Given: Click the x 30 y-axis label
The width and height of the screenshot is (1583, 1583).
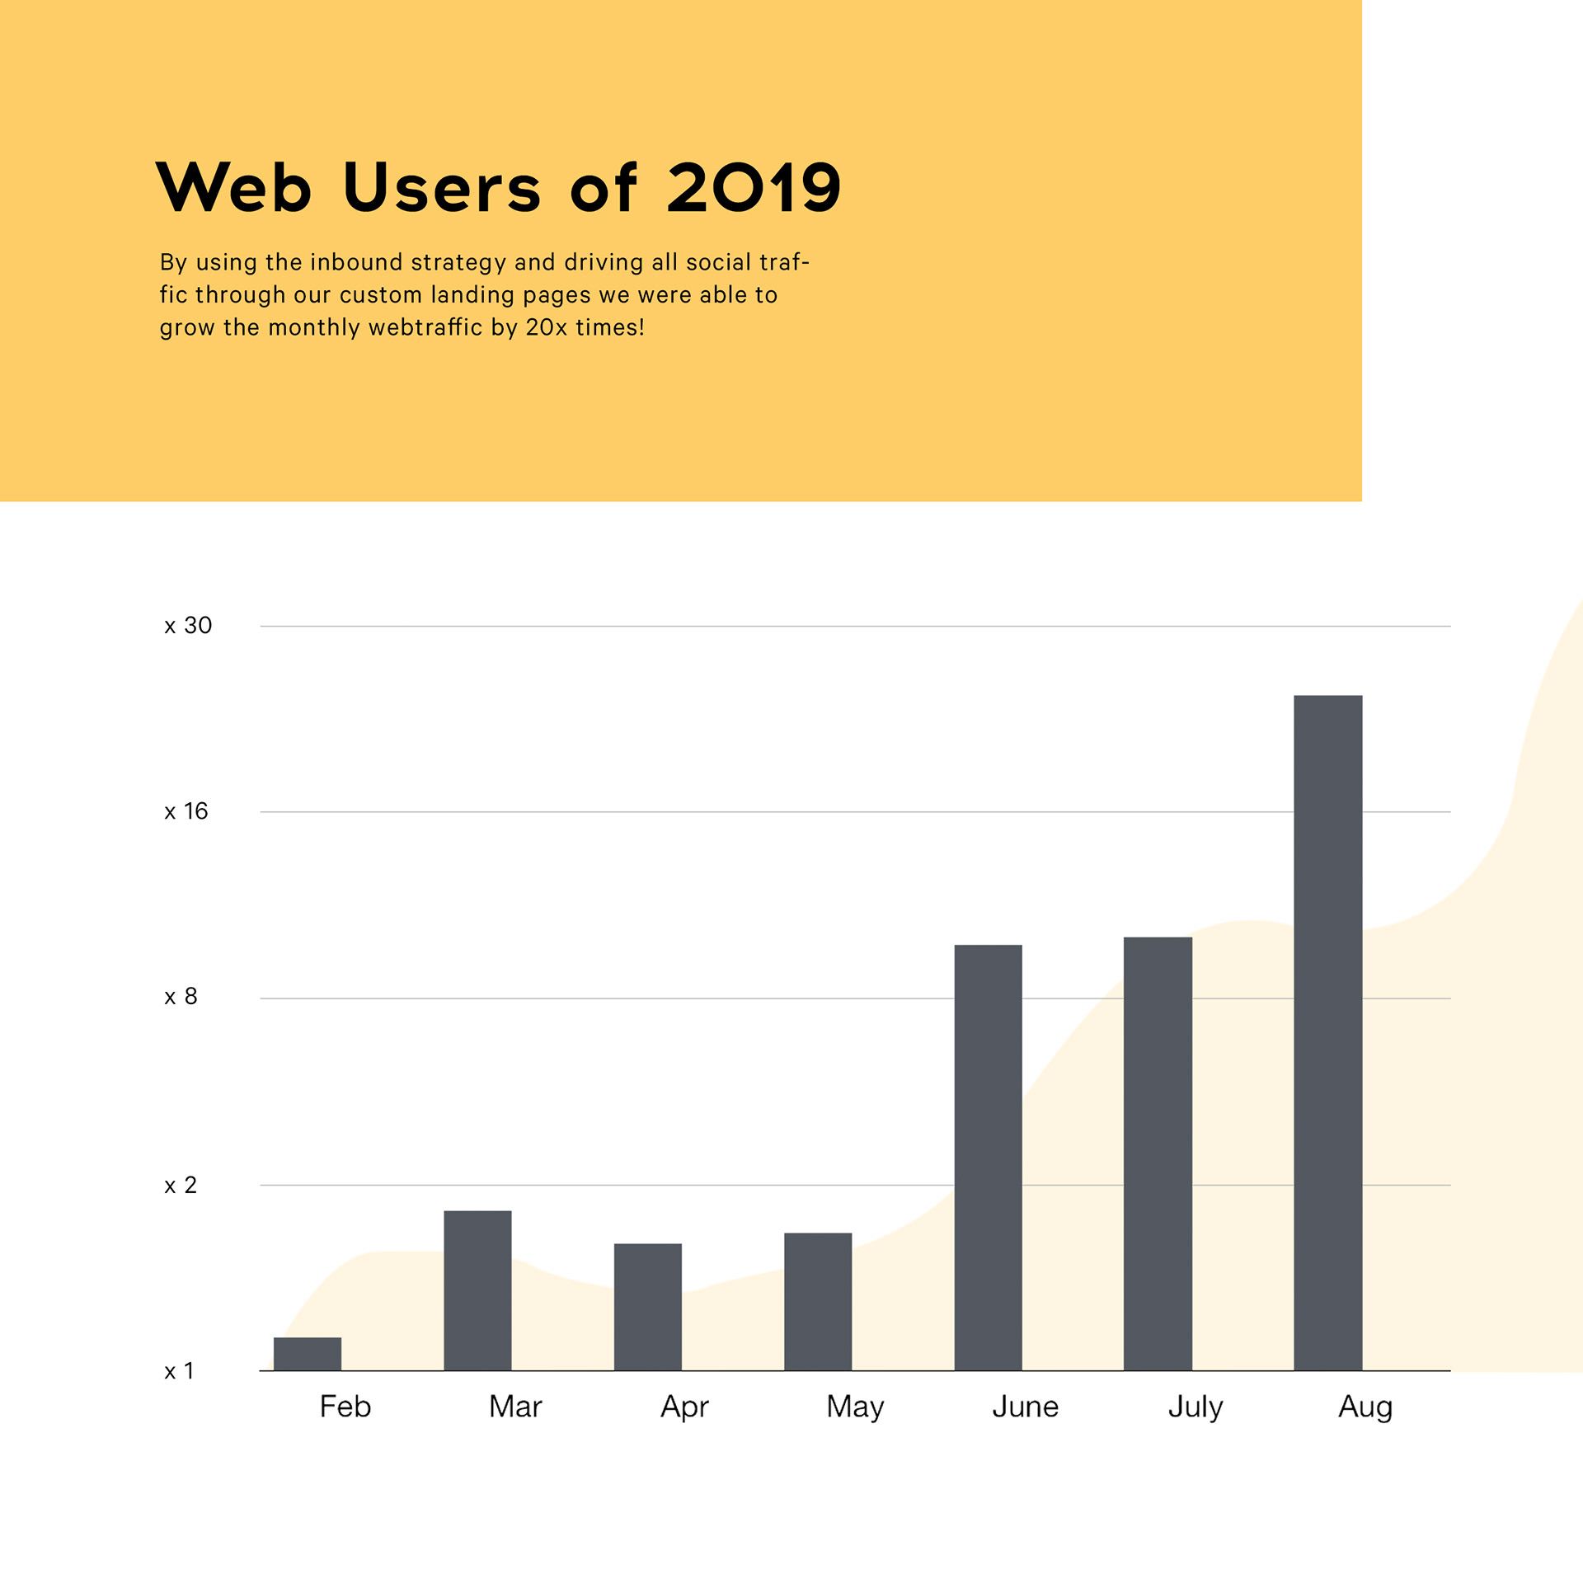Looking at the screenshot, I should point(188,626).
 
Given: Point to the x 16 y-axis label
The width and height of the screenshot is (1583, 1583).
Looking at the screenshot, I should point(186,811).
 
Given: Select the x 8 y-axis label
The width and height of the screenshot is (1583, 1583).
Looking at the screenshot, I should point(181,997).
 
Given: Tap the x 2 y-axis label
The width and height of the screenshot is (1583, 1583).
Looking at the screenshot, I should point(181,1185).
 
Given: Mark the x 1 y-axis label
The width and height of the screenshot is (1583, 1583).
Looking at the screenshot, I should point(179,1371).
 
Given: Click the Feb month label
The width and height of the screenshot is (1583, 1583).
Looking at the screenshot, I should point(345,1407).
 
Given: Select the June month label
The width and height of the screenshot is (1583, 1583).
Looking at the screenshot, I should point(1025,1407).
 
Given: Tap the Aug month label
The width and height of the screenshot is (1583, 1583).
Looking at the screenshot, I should point(1365,1407).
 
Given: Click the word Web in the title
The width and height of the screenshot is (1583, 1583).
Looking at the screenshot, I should point(234,188).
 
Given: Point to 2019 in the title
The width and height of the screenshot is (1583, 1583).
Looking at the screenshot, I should point(754,188).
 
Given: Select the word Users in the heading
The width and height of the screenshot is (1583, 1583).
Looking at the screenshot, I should point(442,188).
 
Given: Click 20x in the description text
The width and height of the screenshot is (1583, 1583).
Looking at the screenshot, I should point(546,327).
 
